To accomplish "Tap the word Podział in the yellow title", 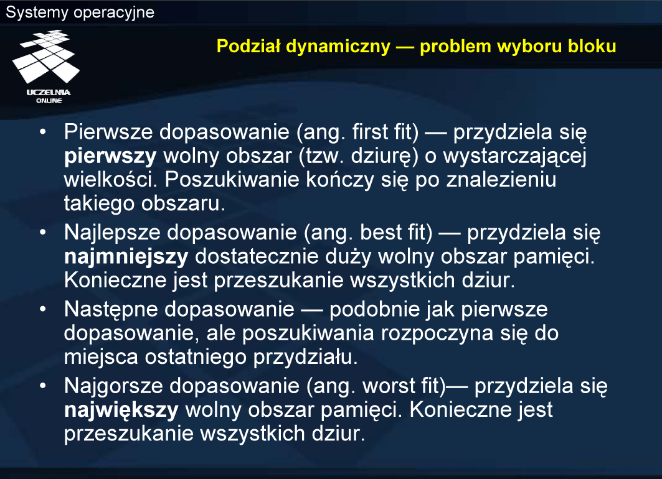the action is (248, 46).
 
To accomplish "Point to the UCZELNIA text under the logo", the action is (49, 92).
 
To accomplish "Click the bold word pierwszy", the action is (110, 157).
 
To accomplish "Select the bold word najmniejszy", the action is (126, 257).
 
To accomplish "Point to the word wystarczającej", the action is (514, 157).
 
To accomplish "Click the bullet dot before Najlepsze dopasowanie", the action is (42, 232).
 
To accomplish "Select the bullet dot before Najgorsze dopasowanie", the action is (42, 386).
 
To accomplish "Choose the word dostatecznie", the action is (257, 257).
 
